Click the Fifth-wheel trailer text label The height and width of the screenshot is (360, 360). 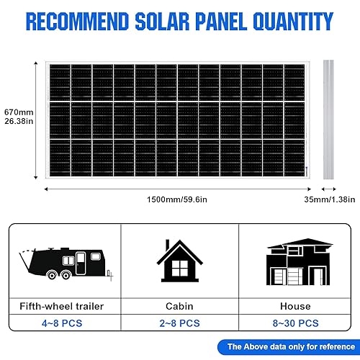(63, 306)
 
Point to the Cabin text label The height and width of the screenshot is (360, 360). (180, 306)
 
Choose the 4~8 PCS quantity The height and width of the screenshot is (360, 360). (63, 324)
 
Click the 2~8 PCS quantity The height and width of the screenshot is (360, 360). (180, 324)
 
